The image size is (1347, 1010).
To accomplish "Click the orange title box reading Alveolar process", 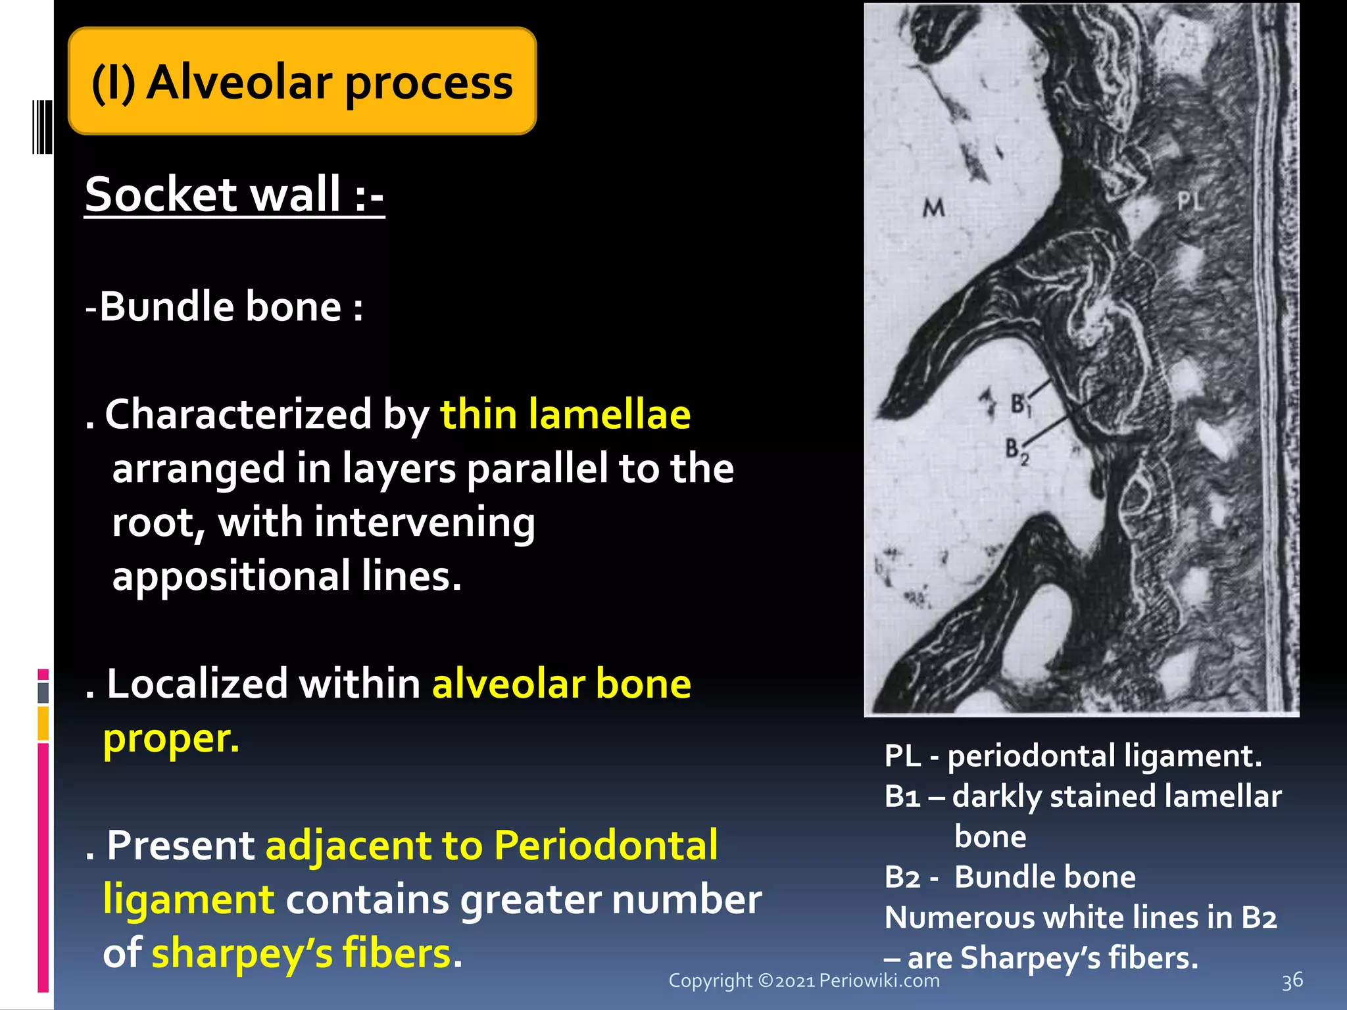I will [302, 82].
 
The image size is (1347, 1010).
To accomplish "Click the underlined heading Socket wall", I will [233, 195].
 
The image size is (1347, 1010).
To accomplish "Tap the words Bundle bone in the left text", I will [220, 306].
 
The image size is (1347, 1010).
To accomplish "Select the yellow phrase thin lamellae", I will [565, 414].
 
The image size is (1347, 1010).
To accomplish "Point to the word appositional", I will [231, 576].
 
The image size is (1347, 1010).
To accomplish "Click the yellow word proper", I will [171, 738].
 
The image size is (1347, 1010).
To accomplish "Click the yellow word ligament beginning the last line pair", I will [189, 899].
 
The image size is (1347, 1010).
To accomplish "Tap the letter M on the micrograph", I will [933, 208].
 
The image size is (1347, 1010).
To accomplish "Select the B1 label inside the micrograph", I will [1020, 404].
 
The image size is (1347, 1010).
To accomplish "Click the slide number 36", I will [1292, 980].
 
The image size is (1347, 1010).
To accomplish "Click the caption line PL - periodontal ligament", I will [1073, 756].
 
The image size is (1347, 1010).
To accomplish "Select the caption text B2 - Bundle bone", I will [1010, 877].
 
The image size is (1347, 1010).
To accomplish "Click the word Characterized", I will [238, 414].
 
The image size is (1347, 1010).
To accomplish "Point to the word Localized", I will [197, 684].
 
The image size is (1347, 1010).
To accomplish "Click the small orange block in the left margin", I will [43, 723].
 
